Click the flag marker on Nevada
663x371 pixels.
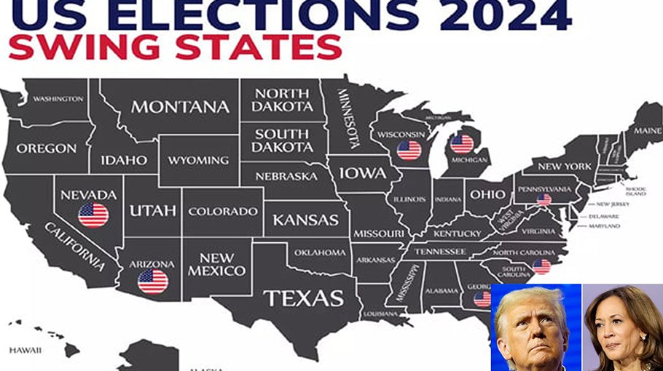pyautogui.click(x=93, y=215)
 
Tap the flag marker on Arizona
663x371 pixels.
pyautogui.click(x=152, y=281)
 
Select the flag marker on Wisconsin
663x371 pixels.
pyautogui.click(x=409, y=151)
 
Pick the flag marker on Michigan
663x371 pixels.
pyautogui.click(x=462, y=143)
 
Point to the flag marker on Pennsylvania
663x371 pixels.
pyautogui.click(x=544, y=199)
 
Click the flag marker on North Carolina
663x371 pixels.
pyautogui.click(x=541, y=266)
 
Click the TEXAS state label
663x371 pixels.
pyautogui.click(x=303, y=298)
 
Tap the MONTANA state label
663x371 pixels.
pyautogui.click(x=180, y=106)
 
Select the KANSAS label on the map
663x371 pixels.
pyautogui.click(x=305, y=219)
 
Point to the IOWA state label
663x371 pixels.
pyautogui.click(x=361, y=173)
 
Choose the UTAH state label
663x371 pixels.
pyautogui.click(x=152, y=210)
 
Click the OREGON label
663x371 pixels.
pyautogui.click(x=46, y=148)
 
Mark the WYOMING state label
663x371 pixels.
pyautogui.click(x=198, y=160)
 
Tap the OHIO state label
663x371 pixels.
pyautogui.click(x=486, y=194)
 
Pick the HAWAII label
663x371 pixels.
pyautogui.click(x=25, y=350)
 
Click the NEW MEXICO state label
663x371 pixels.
pyautogui.click(x=216, y=264)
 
